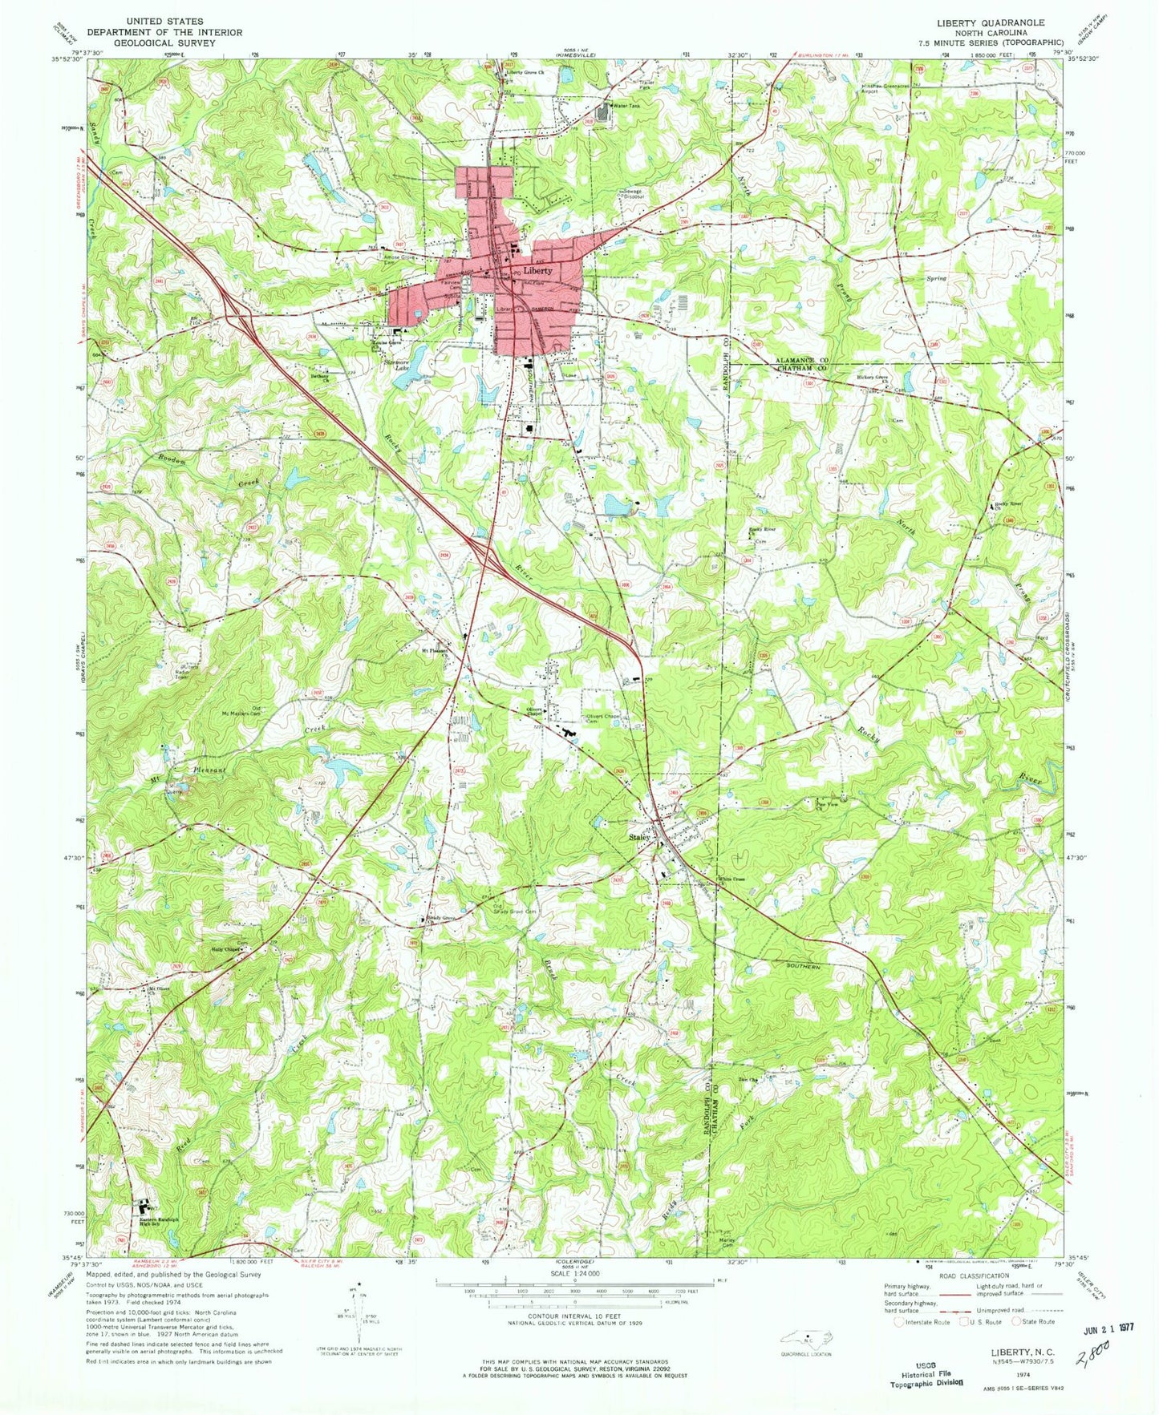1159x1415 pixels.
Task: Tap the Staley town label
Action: click(638, 837)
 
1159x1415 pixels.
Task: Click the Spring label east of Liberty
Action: click(936, 278)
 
